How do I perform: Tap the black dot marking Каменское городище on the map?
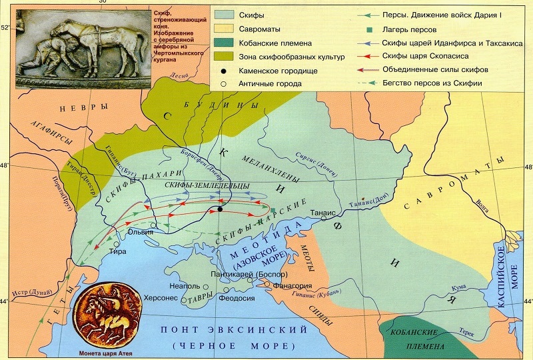[220, 210]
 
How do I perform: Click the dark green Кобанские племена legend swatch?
[227, 44]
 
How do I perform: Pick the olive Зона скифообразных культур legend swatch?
[227, 58]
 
